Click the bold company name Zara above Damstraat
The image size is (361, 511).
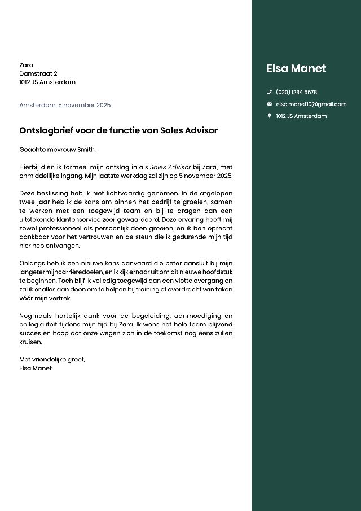pyautogui.click(x=26, y=65)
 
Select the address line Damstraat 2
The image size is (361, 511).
pyautogui.click(x=38, y=73)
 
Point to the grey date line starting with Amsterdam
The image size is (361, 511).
pyautogui.click(x=65, y=105)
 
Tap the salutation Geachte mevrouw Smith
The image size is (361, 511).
pyautogui.click(x=58, y=150)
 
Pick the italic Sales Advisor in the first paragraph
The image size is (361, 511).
pyautogui.click(x=170, y=167)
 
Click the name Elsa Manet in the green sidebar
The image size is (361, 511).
pyautogui.click(x=296, y=69)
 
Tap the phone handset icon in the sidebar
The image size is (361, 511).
pyautogui.click(x=270, y=92)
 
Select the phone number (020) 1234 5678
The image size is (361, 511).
pyautogui.click(x=296, y=92)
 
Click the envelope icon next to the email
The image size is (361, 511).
pyautogui.click(x=270, y=104)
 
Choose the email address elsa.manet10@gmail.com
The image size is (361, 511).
pyautogui.click(x=311, y=104)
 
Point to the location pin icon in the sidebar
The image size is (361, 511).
pyautogui.click(x=270, y=116)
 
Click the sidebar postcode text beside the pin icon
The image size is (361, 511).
pyautogui.click(x=301, y=116)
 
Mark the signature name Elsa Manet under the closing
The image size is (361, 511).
pyautogui.click(x=36, y=368)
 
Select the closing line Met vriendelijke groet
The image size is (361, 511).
pyautogui.click(x=52, y=359)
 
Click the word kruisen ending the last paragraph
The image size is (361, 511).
pyautogui.click(x=31, y=342)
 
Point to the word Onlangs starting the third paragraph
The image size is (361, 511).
pyautogui.click(x=32, y=263)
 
